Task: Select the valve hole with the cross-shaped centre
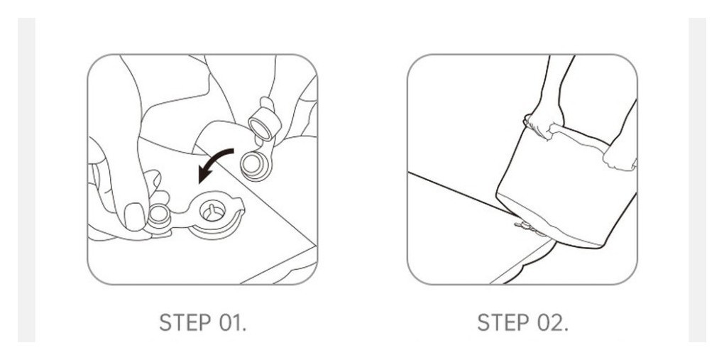click(212, 211)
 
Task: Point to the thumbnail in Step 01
click(134, 217)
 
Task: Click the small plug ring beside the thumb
click(159, 216)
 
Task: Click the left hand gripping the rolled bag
click(544, 121)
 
